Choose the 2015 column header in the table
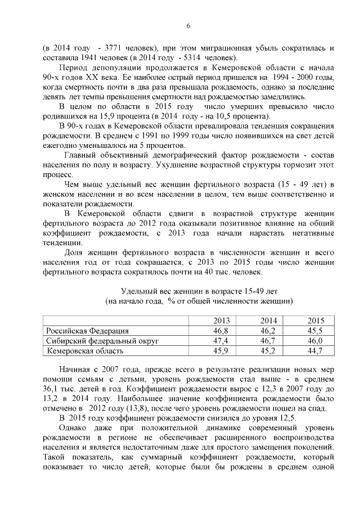(x=315, y=320)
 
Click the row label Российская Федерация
(x=87, y=331)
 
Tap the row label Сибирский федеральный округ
(x=102, y=341)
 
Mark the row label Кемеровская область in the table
(x=85, y=351)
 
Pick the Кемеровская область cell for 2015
(x=315, y=351)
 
